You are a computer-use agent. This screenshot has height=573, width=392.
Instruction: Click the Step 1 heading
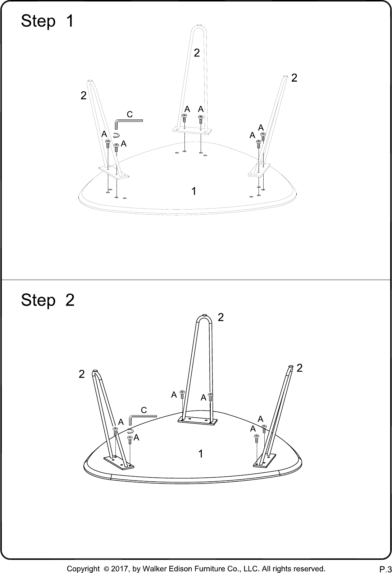47,21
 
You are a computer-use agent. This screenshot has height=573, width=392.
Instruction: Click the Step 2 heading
47,299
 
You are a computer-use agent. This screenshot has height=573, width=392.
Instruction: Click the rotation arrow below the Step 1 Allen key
117,135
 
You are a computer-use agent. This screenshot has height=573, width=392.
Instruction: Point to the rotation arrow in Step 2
130,431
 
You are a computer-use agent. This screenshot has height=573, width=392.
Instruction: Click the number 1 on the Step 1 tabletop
194,191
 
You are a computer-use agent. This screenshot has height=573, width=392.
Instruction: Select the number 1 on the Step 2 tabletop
201,454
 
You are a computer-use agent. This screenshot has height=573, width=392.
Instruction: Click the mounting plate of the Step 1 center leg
192,131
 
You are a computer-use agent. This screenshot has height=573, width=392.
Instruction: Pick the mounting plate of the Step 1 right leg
259,170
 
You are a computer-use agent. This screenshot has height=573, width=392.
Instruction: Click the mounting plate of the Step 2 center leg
197,421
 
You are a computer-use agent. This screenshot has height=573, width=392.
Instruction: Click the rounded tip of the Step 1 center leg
199,25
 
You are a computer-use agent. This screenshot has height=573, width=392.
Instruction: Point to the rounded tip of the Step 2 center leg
204,315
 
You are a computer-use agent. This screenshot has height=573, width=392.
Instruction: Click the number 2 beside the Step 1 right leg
294,78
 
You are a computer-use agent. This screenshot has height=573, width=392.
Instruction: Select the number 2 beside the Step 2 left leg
82,374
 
